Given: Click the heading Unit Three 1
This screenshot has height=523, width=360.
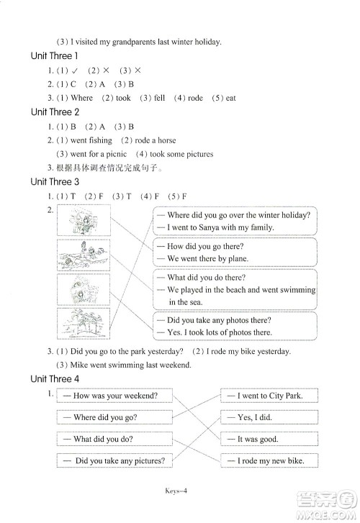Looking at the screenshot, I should [55, 55].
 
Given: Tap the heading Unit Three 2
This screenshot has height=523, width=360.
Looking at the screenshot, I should [55, 112].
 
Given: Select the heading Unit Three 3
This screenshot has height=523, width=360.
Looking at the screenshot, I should [55, 182].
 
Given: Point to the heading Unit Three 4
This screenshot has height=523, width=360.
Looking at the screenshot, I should [55, 378].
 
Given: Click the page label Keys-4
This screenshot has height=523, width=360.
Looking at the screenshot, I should [181, 493].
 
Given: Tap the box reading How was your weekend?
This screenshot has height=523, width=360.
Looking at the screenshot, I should [115, 395].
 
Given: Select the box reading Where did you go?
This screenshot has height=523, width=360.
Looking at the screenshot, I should [115, 417].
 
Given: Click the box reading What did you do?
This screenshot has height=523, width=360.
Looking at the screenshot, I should [115, 439].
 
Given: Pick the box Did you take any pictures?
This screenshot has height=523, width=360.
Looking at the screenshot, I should [115, 460].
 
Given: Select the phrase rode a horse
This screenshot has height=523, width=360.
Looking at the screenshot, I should [155, 140].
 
